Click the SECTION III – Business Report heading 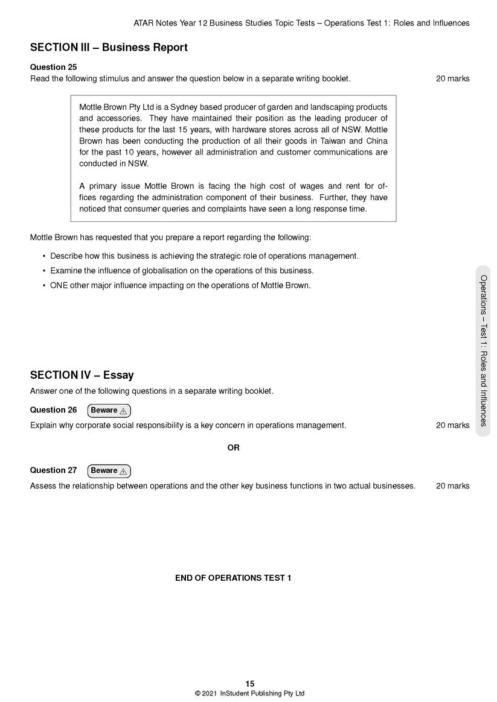109,48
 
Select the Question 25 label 54,68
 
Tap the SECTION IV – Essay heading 82,375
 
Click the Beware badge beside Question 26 109,411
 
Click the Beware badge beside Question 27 109,471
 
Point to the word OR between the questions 233,448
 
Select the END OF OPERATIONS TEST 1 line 233,578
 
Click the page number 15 250,684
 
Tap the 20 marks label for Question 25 452,79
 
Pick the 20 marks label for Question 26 452,426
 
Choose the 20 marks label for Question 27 452,486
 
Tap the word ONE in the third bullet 59,286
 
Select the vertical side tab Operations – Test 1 483,350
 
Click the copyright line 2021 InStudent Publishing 249,694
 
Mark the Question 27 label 54,470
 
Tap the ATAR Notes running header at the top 301,24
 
